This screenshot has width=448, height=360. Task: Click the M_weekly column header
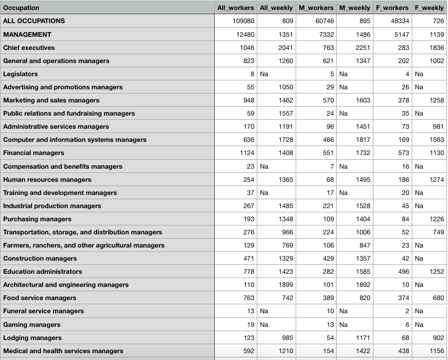[355, 7]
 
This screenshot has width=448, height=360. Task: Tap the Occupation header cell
[21, 8]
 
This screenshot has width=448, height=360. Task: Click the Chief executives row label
[29, 48]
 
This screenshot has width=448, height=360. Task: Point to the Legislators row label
[20, 74]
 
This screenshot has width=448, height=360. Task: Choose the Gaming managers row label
[32, 325]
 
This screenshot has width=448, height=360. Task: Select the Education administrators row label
[43, 272]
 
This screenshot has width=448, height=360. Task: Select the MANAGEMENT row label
[27, 35]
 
